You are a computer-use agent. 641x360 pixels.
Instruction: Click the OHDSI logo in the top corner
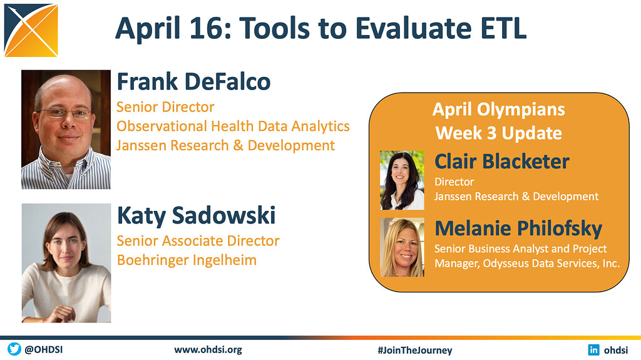point(31,29)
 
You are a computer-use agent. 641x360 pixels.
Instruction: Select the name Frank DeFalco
point(193,81)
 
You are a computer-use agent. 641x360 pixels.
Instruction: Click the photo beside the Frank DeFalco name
point(66,130)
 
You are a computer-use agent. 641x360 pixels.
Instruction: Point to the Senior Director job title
point(165,107)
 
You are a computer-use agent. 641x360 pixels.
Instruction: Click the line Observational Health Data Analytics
point(233,126)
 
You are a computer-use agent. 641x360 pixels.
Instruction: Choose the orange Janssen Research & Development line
point(225,145)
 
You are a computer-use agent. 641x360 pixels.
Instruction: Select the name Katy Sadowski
point(196,215)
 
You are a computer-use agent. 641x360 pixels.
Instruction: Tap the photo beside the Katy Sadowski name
point(66,263)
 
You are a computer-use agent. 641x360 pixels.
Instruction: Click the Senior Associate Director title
point(198,240)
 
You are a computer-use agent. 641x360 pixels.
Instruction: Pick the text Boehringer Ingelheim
point(187,260)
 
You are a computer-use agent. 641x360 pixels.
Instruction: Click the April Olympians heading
point(498,110)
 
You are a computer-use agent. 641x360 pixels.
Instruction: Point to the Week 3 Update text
point(498,133)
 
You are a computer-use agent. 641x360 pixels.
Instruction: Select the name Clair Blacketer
point(501,162)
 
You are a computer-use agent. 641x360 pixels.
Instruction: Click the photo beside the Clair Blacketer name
point(402,180)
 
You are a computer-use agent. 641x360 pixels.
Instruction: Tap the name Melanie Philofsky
point(518,228)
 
